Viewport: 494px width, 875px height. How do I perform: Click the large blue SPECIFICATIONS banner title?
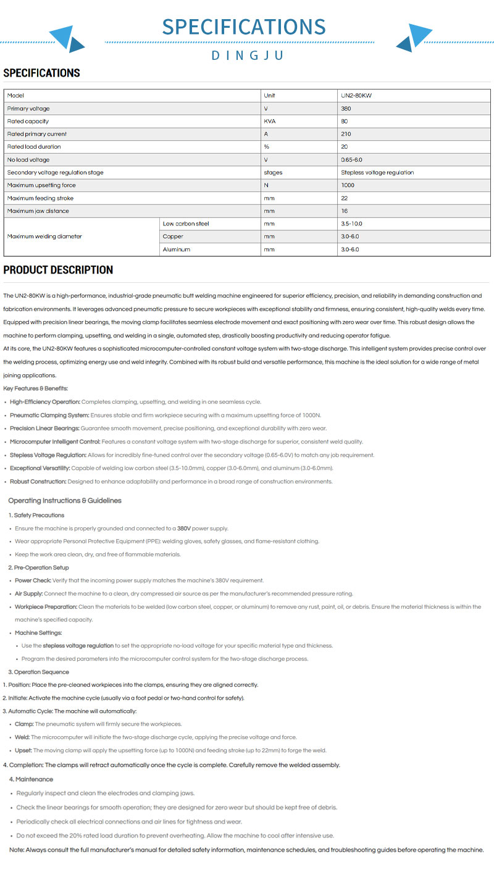(244, 27)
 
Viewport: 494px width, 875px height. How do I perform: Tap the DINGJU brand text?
(247, 56)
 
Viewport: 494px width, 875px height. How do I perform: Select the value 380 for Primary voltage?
(346, 109)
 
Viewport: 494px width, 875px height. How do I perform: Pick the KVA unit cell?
(270, 121)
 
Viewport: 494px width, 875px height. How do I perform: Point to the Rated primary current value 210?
(346, 134)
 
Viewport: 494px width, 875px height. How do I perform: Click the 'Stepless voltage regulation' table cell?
(377, 172)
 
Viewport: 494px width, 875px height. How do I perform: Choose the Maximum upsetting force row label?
(41, 185)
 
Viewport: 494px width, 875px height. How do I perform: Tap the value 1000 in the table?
(348, 185)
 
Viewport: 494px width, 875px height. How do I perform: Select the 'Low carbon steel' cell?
(186, 224)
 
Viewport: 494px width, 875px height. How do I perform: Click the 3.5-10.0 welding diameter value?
(351, 224)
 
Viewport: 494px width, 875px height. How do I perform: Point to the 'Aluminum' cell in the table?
(177, 249)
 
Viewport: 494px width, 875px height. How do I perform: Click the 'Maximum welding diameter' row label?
(44, 237)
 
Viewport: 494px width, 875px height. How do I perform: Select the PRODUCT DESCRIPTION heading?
(58, 270)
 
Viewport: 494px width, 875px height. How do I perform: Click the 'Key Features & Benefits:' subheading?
(36, 388)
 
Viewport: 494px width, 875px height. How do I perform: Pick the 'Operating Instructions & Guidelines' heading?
(65, 501)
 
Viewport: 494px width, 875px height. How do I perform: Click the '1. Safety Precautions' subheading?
(36, 515)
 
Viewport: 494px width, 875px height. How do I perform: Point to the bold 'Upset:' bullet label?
(23, 750)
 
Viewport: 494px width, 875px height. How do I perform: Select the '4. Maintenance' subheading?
(31, 779)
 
